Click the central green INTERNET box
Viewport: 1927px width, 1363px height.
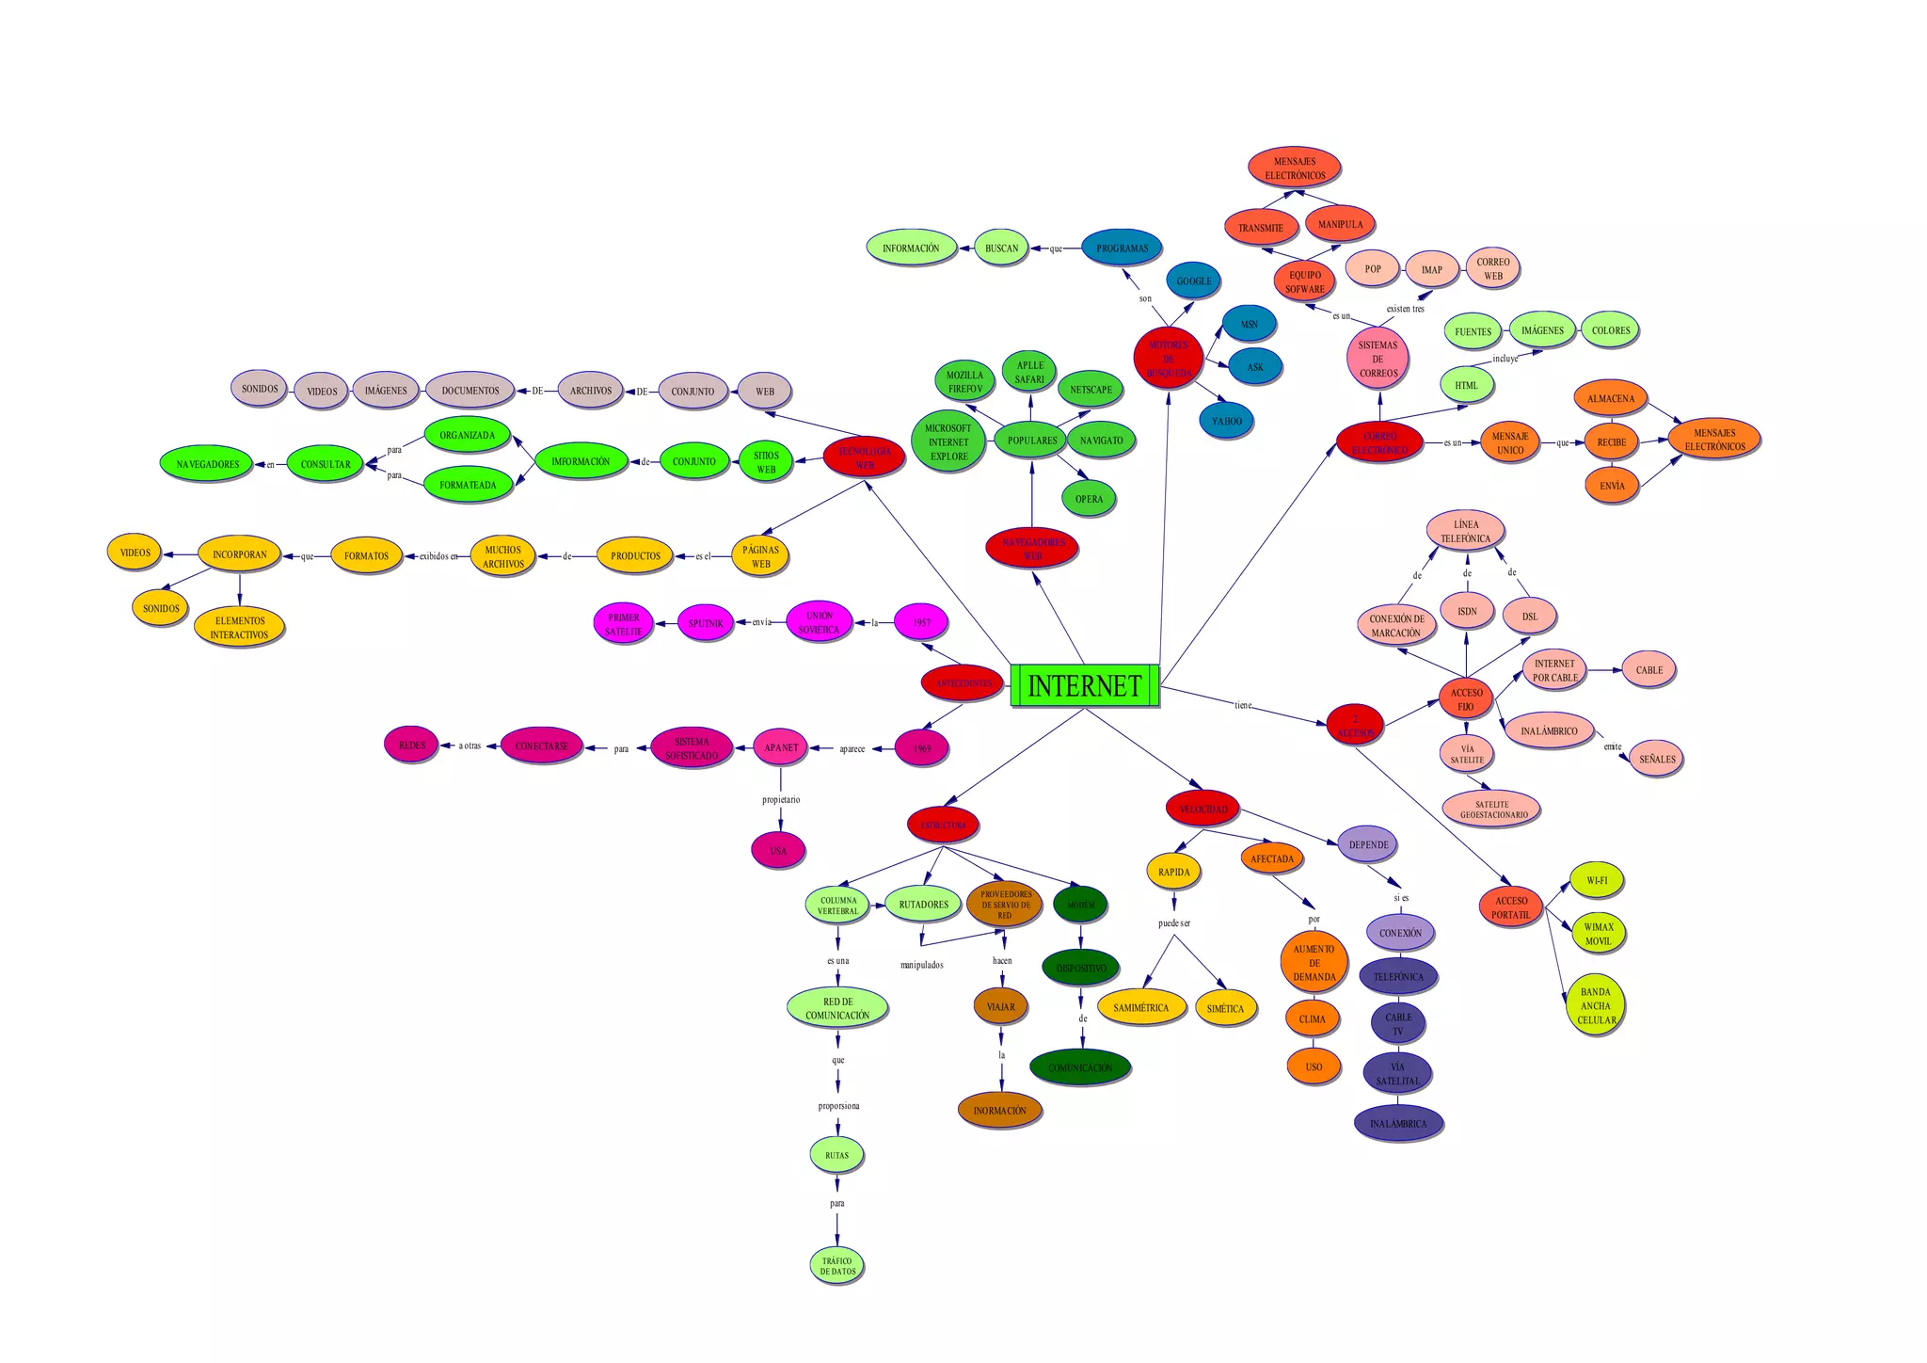(1085, 685)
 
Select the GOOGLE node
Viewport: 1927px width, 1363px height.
(1194, 281)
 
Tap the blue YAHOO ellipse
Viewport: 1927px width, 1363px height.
(1226, 421)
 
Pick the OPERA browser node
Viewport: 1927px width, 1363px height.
(1089, 499)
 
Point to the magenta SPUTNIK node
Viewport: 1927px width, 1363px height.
(706, 623)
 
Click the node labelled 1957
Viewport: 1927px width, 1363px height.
(921, 622)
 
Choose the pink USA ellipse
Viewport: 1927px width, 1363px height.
(778, 851)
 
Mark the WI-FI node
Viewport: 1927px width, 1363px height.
(1597, 880)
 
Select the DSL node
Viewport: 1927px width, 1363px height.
(1530, 617)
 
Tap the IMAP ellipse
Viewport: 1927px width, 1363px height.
(1431, 269)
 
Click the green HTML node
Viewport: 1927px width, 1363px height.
(1466, 385)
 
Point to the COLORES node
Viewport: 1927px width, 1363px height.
(1611, 330)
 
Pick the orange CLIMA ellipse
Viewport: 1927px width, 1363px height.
(1312, 1018)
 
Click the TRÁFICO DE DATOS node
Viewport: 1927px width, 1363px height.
(837, 1266)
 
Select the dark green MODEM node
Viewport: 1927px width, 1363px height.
(1080, 905)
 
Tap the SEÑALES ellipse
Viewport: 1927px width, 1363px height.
(1656, 759)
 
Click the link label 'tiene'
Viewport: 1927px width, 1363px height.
(1243, 705)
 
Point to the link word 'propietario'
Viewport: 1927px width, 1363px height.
(781, 799)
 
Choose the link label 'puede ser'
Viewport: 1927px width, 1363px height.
(1173, 923)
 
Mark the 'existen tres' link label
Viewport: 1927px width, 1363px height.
(1405, 309)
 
